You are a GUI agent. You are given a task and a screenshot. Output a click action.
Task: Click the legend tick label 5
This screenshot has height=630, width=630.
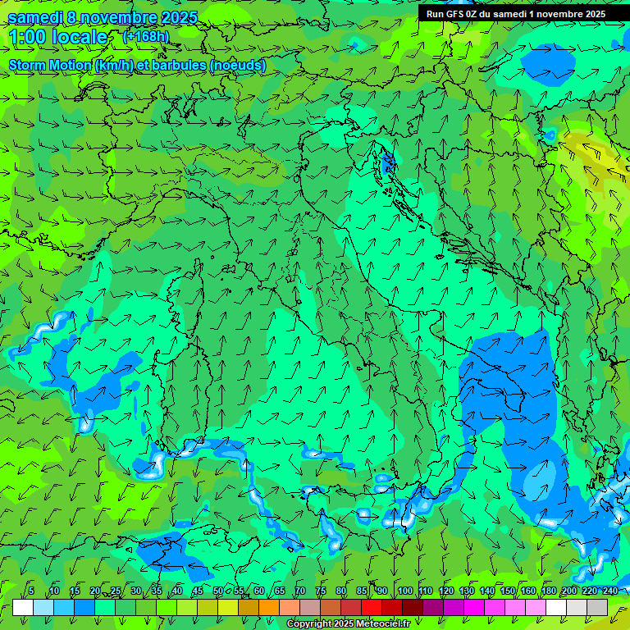(31, 591)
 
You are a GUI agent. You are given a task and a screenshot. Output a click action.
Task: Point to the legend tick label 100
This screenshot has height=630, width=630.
(405, 591)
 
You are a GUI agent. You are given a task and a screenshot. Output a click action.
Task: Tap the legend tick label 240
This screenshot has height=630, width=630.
(610, 591)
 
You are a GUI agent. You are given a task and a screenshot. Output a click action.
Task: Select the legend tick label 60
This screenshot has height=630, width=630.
(259, 591)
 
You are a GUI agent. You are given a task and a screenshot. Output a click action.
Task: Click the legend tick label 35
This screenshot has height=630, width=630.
(157, 591)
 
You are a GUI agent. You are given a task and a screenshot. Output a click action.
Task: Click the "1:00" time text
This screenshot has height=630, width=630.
(27, 37)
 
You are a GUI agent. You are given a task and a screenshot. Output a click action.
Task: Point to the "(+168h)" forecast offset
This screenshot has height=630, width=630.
(145, 36)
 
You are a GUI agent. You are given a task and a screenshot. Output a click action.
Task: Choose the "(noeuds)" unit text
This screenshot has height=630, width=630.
(237, 66)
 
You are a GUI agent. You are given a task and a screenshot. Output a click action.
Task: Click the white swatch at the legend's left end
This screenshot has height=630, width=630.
(23, 607)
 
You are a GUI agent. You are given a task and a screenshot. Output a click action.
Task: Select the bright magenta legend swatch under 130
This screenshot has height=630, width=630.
(474, 607)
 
